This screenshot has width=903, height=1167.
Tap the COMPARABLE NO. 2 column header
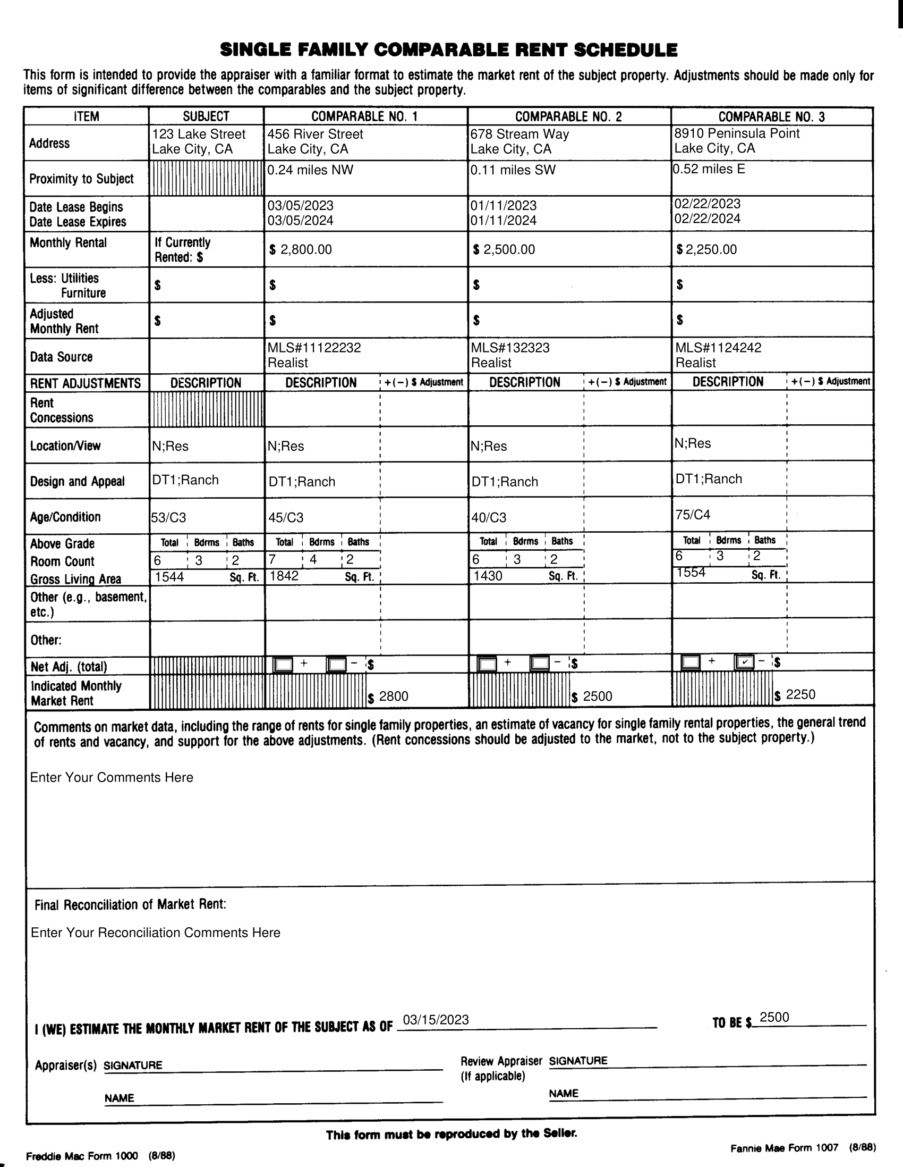(x=568, y=116)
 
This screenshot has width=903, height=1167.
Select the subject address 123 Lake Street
(x=199, y=134)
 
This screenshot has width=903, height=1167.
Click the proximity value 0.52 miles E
(x=709, y=170)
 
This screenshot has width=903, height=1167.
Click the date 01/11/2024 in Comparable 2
(x=503, y=221)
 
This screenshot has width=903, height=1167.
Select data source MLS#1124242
(x=718, y=348)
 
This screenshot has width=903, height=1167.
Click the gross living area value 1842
(x=284, y=576)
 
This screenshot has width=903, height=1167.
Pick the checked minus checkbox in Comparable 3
(x=744, y=662)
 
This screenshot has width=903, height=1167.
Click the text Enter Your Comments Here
(x=112, y=777)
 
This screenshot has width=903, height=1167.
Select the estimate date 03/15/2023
(x=435, y=1020)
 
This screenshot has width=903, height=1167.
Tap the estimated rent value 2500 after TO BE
(x=774, y=1018)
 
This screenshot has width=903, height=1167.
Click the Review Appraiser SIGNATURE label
(x=578, y=1061)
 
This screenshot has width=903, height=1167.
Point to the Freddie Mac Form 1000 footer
(x=82, y=1156)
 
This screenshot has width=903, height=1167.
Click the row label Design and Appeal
(x=78, y=482)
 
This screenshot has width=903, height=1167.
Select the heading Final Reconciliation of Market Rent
(x=130, y=905)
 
